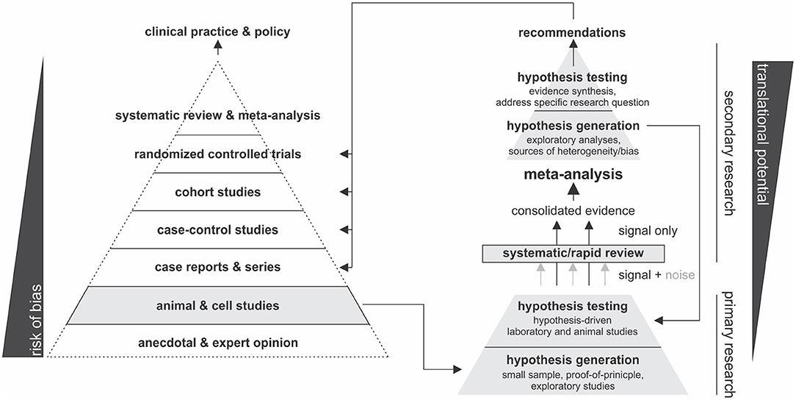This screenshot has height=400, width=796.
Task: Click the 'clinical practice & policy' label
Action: (x=217, y=32)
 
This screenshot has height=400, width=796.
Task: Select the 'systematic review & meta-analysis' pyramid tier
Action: (x=217, y=115)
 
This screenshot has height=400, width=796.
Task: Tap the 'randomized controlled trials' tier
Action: (x=217, y=154)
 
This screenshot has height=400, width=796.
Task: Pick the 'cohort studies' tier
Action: (x=217, y=193)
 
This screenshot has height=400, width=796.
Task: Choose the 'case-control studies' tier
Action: (x=217, y=230)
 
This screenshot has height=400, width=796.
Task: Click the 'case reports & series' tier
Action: (x=217, y=267)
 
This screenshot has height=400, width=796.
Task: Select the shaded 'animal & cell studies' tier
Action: (x=217, y=305)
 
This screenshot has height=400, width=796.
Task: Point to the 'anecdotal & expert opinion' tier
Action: (x=217, y=343)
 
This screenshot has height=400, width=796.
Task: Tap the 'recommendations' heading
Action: (x=572, y=32)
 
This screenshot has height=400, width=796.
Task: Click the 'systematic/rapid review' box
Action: (x=572, y=254)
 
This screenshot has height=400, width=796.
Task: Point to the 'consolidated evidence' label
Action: (x=572, y=211)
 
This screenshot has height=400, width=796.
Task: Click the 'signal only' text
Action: (x=647, y=231)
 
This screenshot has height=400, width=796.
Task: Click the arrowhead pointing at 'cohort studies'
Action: (x=344, y=193)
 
